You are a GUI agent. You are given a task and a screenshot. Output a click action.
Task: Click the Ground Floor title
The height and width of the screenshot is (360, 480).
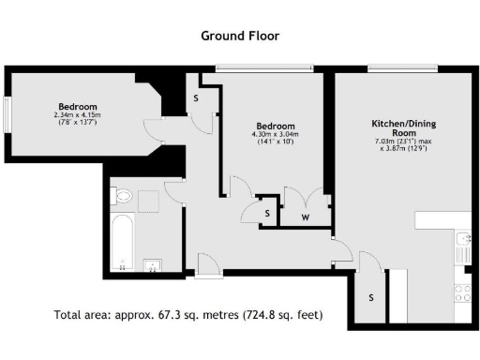click(x=240, y=36)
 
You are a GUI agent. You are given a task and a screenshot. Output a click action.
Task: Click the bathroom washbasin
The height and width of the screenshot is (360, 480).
click(x=154, y=262)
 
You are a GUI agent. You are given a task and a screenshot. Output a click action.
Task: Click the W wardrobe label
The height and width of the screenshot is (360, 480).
click(x=306, y=217)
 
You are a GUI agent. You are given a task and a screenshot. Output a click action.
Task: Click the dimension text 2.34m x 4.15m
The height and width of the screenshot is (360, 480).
click(x=76, y=115)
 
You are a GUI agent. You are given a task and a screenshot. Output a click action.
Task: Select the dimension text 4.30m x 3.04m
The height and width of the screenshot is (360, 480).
click(x=275, y=134)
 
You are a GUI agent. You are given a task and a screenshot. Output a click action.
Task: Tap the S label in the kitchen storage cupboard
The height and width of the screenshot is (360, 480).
click(x=371, y=297)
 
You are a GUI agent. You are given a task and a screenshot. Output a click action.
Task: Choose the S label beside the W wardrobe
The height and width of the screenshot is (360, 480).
click(x=268, y=214)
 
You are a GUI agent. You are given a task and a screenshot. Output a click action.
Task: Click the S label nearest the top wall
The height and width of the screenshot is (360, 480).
click(x=196, y=97)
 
